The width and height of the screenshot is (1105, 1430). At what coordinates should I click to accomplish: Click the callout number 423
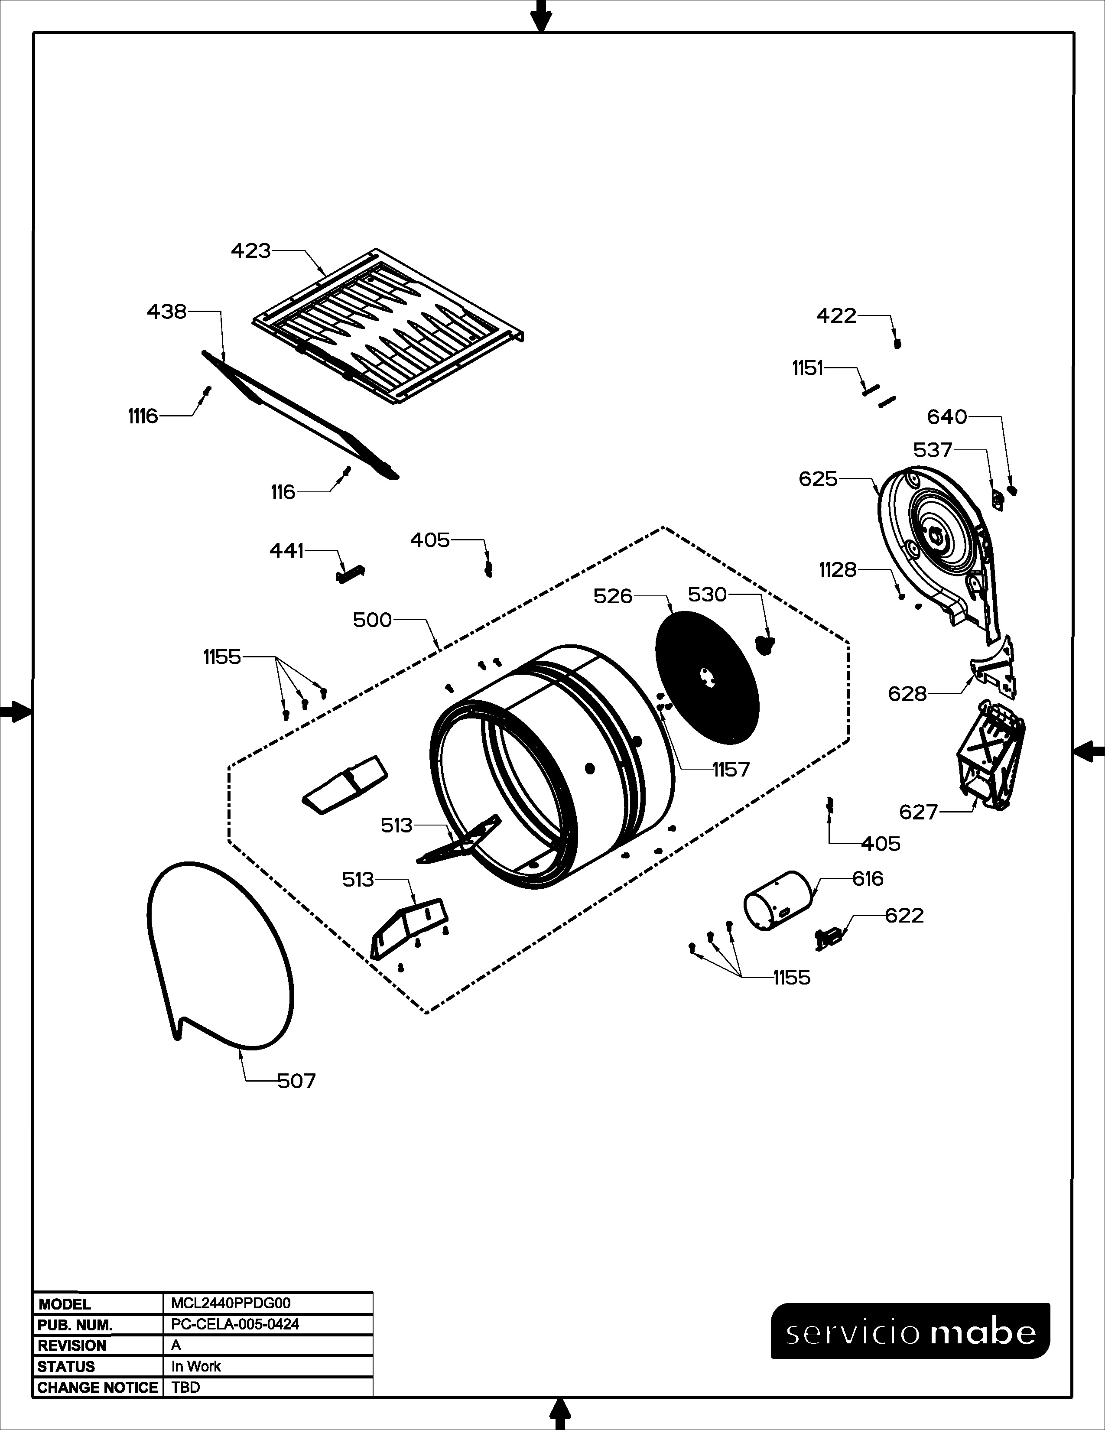coord(251,251)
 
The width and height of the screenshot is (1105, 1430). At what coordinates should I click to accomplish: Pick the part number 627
coord(918,812)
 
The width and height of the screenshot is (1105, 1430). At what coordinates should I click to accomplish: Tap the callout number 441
coord(287,551)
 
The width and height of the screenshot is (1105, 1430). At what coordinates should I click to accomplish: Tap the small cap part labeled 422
coord(897,343)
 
